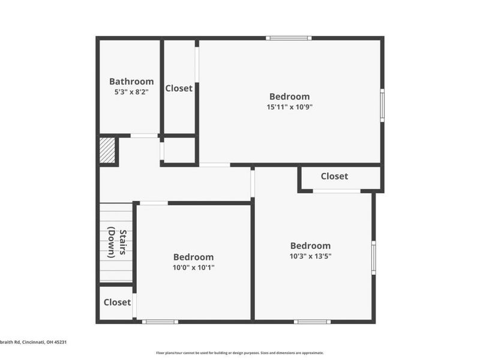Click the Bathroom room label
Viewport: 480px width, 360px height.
131,82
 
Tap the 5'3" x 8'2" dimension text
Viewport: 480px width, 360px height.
131,92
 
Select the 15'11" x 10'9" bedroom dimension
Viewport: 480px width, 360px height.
290,107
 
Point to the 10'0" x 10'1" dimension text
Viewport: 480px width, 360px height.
194,268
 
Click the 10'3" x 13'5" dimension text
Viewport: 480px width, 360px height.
311,256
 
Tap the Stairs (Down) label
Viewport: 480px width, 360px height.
117,243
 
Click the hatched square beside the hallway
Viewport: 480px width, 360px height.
107,150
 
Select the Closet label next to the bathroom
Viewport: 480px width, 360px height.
179,88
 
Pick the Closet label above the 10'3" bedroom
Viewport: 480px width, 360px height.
334,176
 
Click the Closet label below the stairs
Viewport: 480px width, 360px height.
117,302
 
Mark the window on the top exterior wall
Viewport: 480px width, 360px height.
289,38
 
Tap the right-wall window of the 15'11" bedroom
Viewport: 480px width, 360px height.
382,106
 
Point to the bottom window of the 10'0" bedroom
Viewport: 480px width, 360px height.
160,322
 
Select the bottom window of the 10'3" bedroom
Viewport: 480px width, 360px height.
312,322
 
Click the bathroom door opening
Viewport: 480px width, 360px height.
144,136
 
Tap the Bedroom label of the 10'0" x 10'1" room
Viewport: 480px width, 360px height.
194,257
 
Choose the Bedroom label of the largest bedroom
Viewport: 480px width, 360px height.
290,97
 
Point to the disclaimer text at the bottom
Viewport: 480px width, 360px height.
240,353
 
